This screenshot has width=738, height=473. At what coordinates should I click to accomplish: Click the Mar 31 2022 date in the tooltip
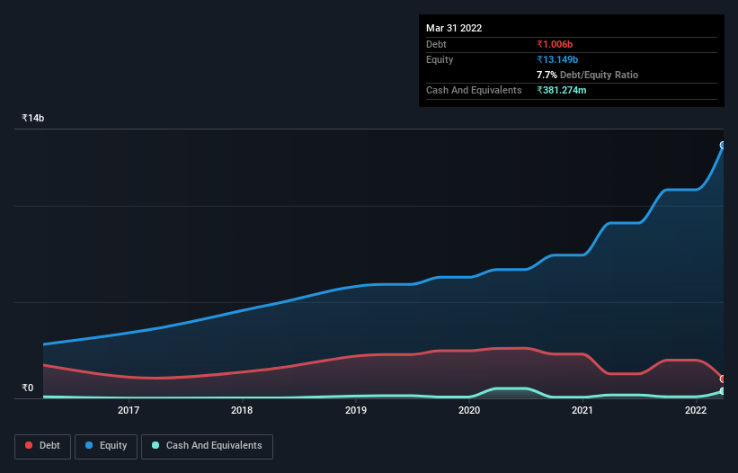(x=454, y=28)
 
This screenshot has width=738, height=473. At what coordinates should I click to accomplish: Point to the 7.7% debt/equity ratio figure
(x=549, y=75)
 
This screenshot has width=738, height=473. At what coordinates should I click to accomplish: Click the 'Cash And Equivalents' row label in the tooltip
(x=474, y=90)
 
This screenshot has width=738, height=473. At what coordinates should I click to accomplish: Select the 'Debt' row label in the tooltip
(x=436, y=44)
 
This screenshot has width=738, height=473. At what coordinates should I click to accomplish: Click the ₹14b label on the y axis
(x=33, y=119)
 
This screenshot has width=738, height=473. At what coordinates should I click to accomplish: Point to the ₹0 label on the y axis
(x=28, y=388)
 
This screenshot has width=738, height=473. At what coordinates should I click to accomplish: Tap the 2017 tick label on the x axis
(x=129, y=411)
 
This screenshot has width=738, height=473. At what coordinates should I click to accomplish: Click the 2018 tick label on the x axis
(x=242, y=411)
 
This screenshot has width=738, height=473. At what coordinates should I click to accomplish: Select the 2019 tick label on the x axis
(x=356, y=411)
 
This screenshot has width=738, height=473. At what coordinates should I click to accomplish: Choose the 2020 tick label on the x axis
(x=469, y=411)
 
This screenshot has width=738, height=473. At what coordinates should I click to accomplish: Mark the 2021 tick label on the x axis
(x=582, y=411)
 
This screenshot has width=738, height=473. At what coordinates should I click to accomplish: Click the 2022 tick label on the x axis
(x=696, y=411)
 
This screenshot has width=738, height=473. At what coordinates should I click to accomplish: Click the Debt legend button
(x=42, y=446)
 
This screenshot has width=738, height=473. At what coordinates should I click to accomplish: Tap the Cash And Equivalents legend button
(x=207, y=446)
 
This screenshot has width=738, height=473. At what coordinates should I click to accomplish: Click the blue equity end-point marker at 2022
(x=723, y=145)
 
